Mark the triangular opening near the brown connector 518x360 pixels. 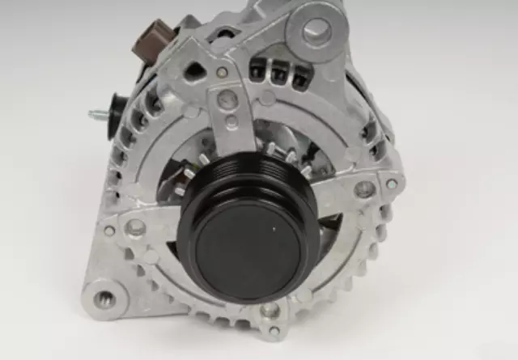194,70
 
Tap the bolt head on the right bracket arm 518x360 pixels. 365,188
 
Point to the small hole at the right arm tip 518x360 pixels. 392,184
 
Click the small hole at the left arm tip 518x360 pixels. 108,231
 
